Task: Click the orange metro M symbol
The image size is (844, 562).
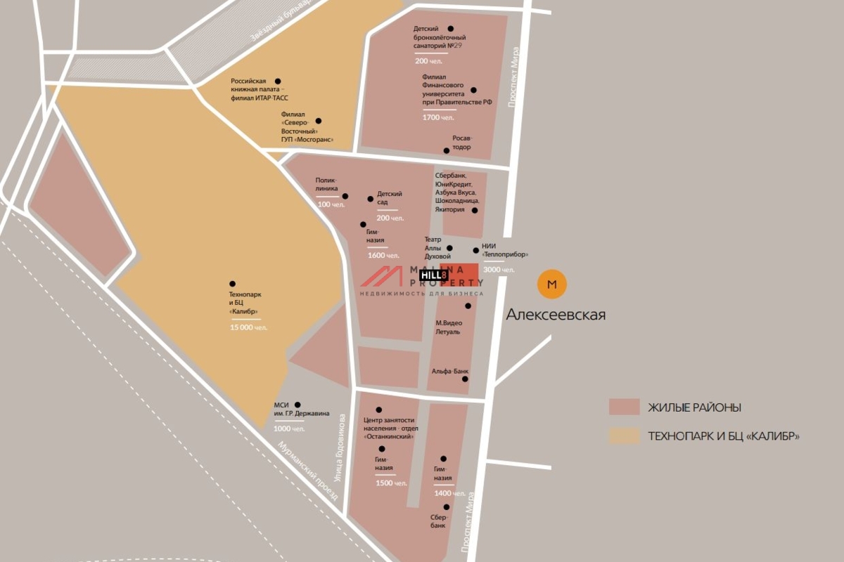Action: tap(551, 285)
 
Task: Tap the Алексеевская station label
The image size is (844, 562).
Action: tap(556, 315)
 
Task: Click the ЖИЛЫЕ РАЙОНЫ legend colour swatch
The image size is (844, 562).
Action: tap(624, 407)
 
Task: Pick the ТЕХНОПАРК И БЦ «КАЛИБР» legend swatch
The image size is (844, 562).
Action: tap(624, 436)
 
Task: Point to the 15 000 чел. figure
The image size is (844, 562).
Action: tap(249, 328)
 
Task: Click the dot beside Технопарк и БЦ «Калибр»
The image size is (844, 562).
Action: tap(233, 283)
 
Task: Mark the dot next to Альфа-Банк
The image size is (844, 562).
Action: tap(465, 379)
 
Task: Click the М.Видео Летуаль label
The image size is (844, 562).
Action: tap(448, 327)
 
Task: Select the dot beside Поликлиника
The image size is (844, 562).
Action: tap(345, 197)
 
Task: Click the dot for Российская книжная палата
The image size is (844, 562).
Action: tap(278, 81)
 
